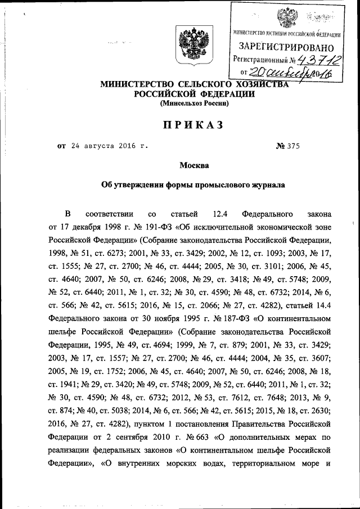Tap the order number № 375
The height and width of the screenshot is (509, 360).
(289, 146)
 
